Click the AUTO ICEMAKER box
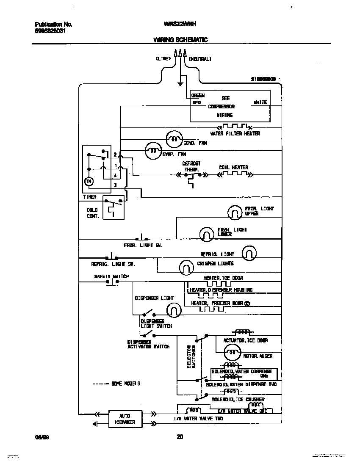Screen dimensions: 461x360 (x=125, y=419)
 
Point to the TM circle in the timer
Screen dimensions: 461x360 (x=89, y=182)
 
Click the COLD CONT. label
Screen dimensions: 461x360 (x=93, y=213)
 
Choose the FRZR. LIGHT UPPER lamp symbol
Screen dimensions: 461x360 (x=235, y=213)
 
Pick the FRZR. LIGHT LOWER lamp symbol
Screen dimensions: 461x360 (x=207, y=233)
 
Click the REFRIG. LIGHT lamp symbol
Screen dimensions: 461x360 (x=249, y=254)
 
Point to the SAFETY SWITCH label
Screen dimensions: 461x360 (x=111, y=276)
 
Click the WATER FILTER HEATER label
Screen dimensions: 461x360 (x=235, y=133)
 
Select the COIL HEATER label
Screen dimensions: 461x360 (x=233, y=167)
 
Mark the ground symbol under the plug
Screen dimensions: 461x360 (x=180, y=83)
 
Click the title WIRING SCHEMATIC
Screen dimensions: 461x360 (x=180, y=40)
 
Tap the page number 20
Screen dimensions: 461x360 (x=180, y=437)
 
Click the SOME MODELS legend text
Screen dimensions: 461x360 (x=125, y=384)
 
